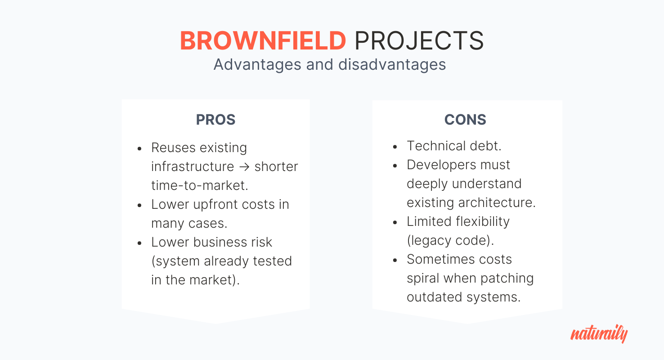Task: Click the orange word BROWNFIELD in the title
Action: (263, 40)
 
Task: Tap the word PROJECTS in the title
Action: (419, 40)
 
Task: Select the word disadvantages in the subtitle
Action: (392, 64)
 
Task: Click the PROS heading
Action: (215, 120)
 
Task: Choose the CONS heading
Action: (465, 120)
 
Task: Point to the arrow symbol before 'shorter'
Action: (245, 167)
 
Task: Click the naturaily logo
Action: (599, 333)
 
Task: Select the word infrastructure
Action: (193, 166)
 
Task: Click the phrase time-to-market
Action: (199, 185)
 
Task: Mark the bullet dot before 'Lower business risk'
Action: (140, 243)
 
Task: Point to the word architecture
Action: (497, 202)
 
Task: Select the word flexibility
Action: (483, 221)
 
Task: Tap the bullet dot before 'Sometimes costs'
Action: (395, 261)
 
